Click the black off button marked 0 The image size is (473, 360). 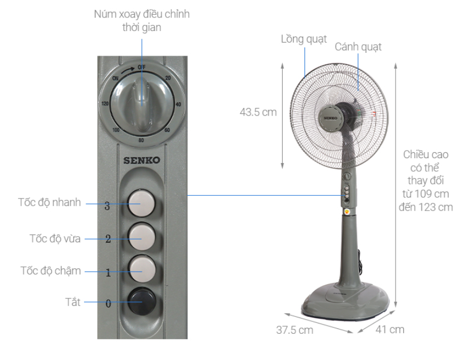pyautogui.click(x=142, y=302)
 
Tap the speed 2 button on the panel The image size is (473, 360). pyautogui.click(x=141, y=237)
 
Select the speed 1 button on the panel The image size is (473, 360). pyautogui.click(x=142, y=269)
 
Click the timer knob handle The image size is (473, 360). pyautogui.click(x=142, y=104)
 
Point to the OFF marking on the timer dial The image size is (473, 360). pyautogui.click(x=141, y=67)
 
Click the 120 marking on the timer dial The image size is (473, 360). pyautogui.click(x=105, y=104)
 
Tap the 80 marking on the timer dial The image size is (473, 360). pyautogui.click(x=141, y=140)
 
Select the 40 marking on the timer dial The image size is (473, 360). pyautogui.click(x=178, y=104)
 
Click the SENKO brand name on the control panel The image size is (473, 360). pyautogui.click(x=142, y=160)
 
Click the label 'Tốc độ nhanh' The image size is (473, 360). pyautogui.click(x=50, y=202)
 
